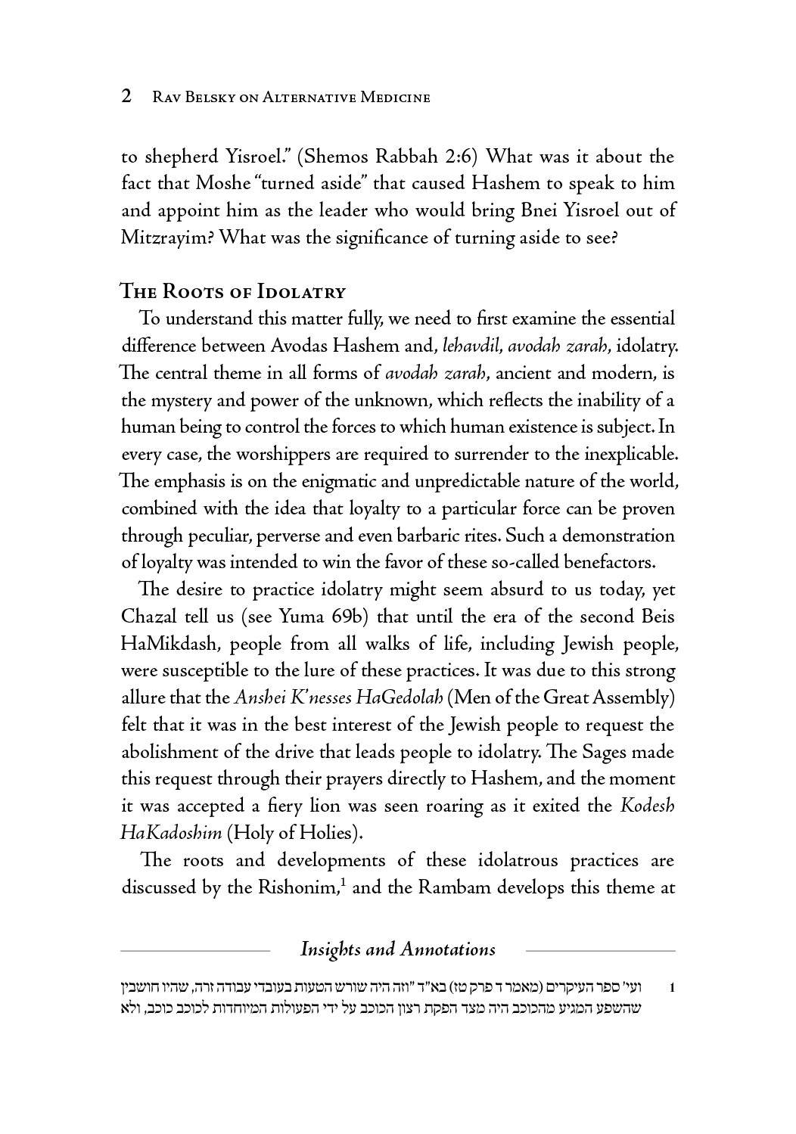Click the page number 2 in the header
(127, 96)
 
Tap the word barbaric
(436, 536)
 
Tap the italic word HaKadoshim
(170, 833)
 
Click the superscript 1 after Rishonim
(343, 881)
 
